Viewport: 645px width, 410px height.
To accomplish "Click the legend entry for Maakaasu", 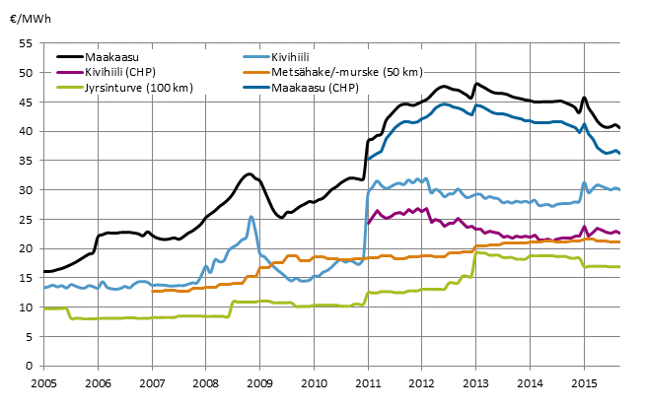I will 111,57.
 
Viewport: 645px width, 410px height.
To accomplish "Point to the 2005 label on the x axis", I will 42,380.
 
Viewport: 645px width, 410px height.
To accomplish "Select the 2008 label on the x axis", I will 205,380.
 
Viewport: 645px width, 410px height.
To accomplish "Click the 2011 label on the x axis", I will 368,380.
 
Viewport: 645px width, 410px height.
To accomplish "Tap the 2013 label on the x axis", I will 476,380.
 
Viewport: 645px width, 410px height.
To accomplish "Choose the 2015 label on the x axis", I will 585,380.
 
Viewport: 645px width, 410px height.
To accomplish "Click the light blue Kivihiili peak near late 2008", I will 251,217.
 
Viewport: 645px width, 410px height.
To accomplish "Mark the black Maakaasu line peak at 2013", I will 476,84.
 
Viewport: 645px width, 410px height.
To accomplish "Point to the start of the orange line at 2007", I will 152,291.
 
